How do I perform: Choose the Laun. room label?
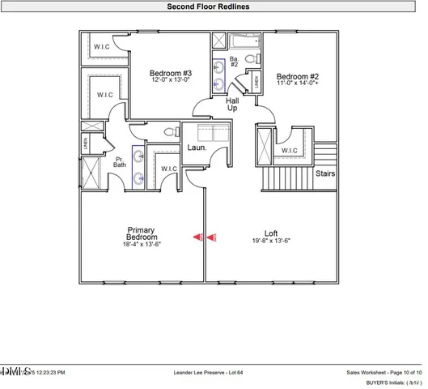(x=197, y=148)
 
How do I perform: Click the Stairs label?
(x=325, y=173)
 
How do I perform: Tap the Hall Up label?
(x=232, y=104)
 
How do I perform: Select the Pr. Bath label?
(x=119, y=161)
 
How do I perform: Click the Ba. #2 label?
(x=233, y=62)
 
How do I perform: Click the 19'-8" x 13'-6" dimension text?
(x=270, y=241)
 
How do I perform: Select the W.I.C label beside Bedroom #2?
(x=290, y=150)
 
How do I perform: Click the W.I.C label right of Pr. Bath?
(x=168, y=169)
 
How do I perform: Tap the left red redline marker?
(x=197, y=237)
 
